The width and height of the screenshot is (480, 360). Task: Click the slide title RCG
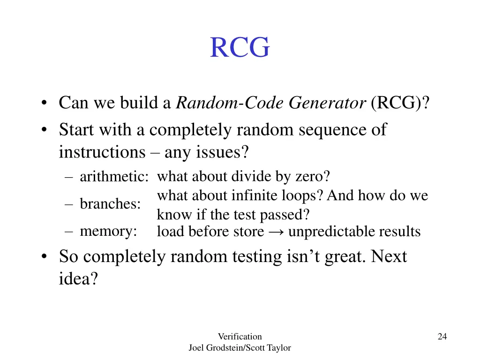[x=240, y=48]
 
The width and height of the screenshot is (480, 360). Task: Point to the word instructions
[x=102, y=152]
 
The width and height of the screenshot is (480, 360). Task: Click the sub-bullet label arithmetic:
[x=114, y=177]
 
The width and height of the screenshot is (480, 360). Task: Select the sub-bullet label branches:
[x=110, y=204]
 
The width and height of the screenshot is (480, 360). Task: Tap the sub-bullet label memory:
[x=108, y=231]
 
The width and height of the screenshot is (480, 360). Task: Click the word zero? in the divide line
[x=313, y=177]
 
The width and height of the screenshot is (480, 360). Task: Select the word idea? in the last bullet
[x=78, y=279]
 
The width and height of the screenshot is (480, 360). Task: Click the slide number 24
[x=442, y=336]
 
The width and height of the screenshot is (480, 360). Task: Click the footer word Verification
[x=240, y=336]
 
